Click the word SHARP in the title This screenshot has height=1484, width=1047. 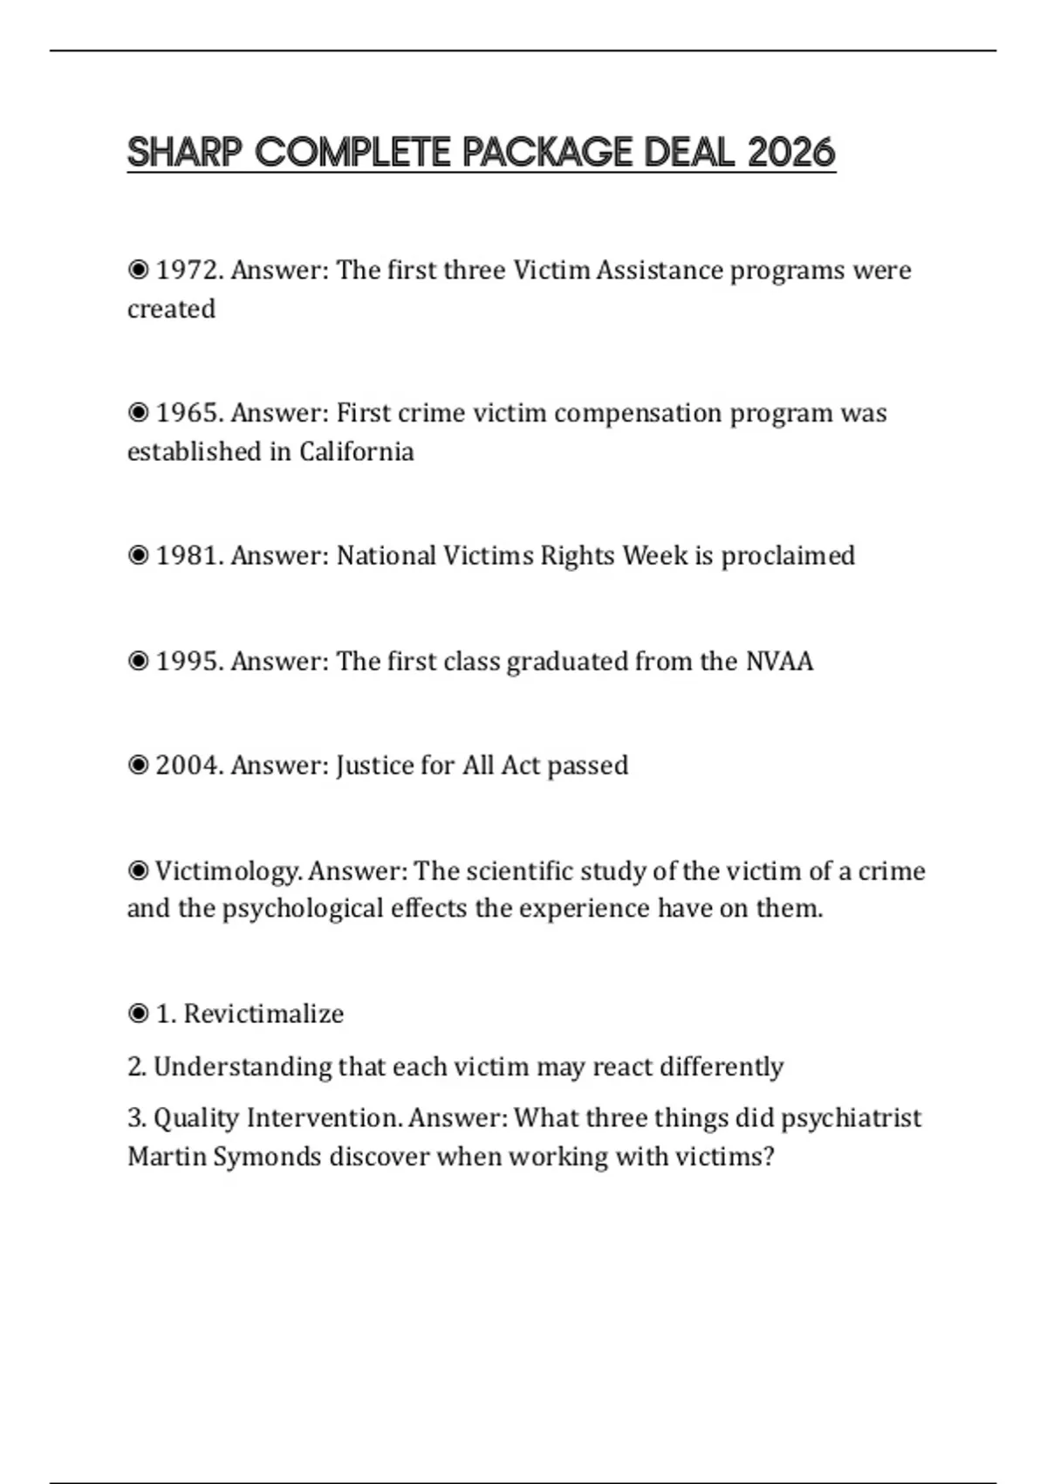(184, 153)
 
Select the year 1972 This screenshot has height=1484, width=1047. (189, 271)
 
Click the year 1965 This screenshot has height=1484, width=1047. (189, 413)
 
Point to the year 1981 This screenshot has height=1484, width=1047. (189, 556)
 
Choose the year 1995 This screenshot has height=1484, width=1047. (189, 662)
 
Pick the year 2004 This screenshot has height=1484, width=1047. (189, 766)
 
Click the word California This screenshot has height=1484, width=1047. (356, 452)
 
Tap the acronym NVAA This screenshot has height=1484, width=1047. (779, 662)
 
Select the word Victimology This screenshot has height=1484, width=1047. (229, 871)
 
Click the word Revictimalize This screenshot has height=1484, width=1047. (263, 1014)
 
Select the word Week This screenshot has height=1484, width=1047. (654, 556)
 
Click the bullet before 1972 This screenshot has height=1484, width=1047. (138, 271)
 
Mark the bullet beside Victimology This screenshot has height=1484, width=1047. (138, 871)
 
